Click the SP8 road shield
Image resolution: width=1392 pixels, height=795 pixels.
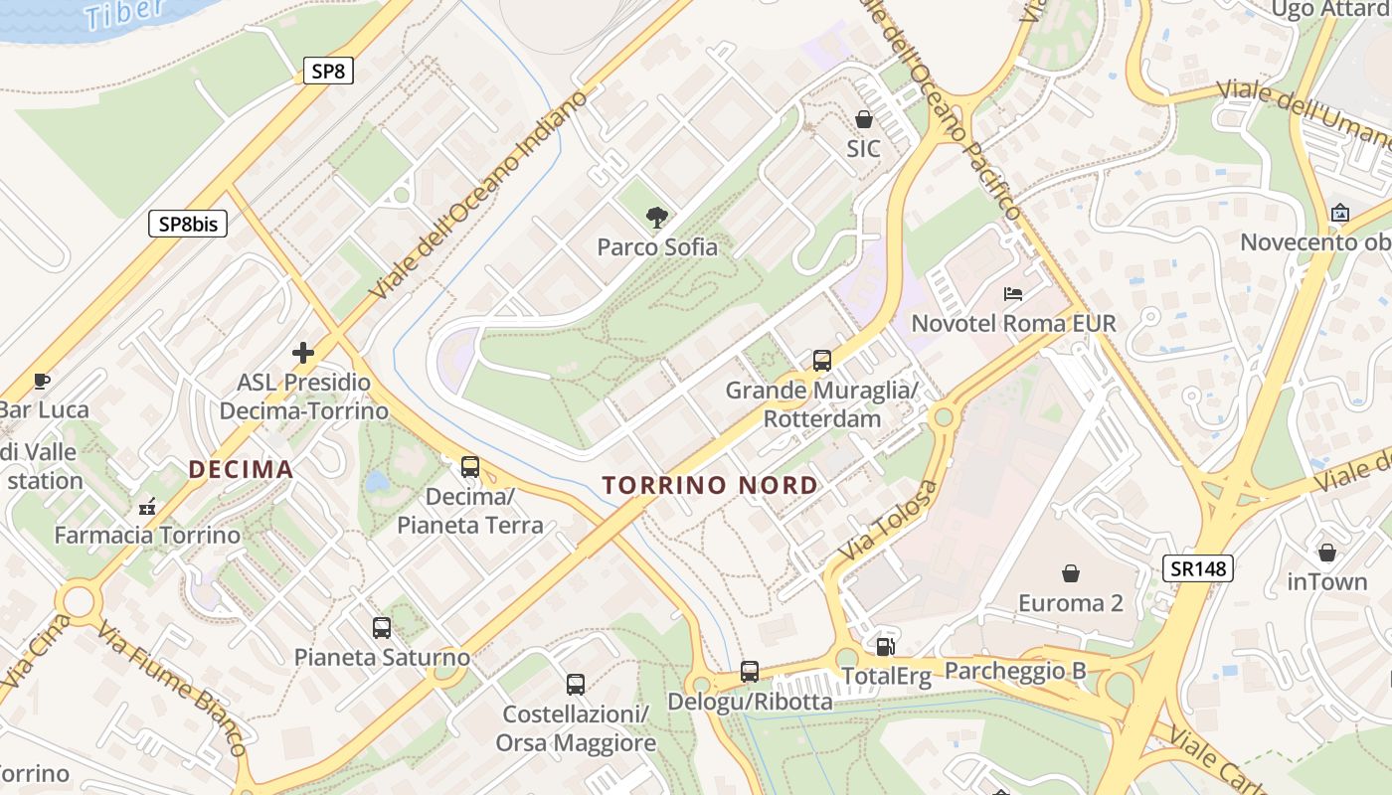coord(328,71)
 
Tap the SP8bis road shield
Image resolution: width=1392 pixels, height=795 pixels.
coord(188,224)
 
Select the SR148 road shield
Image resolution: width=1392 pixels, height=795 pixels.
coord(1197,568)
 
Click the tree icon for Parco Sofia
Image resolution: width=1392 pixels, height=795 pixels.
coord(655,217)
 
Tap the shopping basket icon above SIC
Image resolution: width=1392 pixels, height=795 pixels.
coord(863,120)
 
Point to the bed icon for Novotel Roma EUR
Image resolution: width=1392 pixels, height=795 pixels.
coord(1013,294)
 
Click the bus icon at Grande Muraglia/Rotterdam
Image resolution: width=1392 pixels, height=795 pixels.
coord(821,361)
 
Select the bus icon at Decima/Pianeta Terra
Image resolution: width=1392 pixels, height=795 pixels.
coord(469,467)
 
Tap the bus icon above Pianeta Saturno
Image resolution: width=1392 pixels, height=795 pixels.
coord(381,628)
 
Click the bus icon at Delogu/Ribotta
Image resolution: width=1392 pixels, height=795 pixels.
coord(749,673)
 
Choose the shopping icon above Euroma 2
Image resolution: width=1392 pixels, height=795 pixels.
coord(1070,573)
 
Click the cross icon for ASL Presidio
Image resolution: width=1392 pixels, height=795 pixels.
coord(303,352)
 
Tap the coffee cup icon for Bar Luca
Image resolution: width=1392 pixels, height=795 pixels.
coord(42,381)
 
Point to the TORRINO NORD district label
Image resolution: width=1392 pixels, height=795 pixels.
coord(710,486)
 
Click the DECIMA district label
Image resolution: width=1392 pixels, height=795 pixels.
coord(242,469)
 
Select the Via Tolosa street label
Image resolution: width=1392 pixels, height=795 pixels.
coord(888,519)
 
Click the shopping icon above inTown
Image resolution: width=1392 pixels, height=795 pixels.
coord(1326,553)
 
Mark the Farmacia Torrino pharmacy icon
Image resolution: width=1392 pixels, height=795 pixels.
coord(147,507)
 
